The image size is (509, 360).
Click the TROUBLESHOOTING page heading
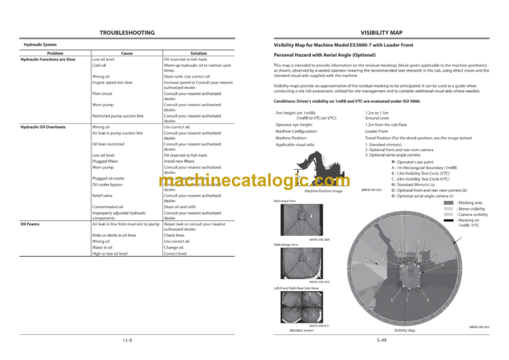(127, 32)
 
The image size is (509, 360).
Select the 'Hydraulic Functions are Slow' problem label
(52, 60)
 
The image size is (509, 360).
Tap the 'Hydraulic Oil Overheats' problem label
(48, 126)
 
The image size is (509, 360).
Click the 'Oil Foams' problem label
(30, 224)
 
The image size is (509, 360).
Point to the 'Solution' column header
(199, 53)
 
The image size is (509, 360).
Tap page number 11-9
(127, 341)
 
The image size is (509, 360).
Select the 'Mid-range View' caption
(285, 200)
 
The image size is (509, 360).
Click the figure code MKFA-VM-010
(319, 282)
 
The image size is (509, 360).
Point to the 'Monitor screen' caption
(302, 330)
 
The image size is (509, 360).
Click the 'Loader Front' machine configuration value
(378, 131)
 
